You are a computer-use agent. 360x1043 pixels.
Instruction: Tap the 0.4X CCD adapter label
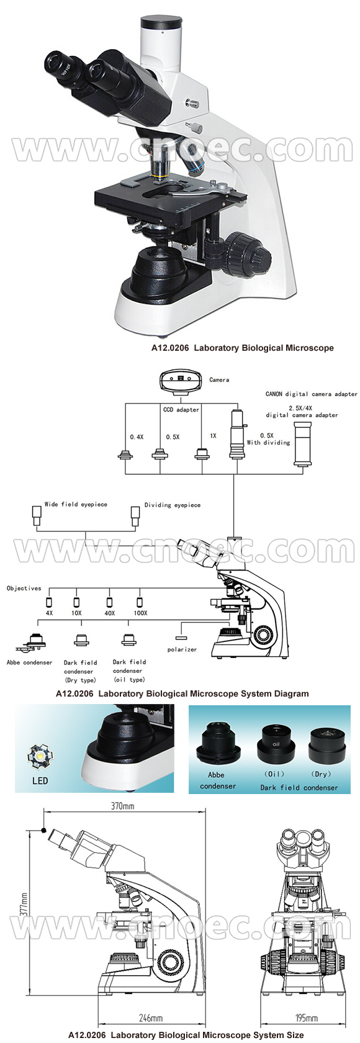coord(137,437)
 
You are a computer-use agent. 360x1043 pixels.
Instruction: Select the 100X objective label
coord(141,613)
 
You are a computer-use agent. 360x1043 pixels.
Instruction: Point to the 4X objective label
coord(50,613)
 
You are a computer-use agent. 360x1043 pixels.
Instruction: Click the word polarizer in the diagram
coord(182,649)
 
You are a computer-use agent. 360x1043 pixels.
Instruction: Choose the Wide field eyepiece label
coord(76,504)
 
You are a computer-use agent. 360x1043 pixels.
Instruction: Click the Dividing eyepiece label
coord(173,505)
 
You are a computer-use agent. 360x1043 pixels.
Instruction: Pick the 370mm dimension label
coord(122,806)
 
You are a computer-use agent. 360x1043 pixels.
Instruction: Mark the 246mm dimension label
coord(150,1018)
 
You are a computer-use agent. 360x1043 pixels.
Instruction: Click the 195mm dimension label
coord(307,1018)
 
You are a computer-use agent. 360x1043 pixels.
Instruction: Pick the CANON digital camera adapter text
coord(311,394)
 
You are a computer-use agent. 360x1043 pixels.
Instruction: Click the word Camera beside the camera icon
coord(219,379)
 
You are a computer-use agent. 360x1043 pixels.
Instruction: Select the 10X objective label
coord(76,613)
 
